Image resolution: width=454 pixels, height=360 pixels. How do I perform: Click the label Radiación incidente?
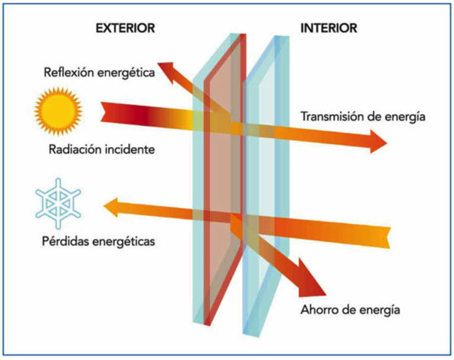pos(101,149)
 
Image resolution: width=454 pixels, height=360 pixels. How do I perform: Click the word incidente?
pos(128,149)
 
